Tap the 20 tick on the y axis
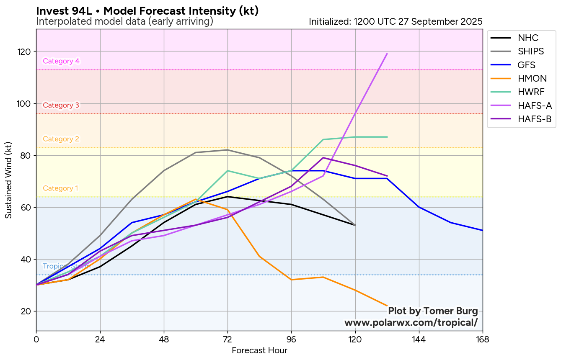pyautogui.click(x=28, y=311)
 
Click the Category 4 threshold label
pyautogui.click(x=61, y=61)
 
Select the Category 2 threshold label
pyautogui.click(x=61, y=139)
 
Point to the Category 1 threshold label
pyautogui.click(x=60, y=188)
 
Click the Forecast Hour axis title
pyautogui.click(x=259, y=350)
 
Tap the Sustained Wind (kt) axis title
pyautogui.click(x=9, y=180)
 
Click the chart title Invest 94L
pyautogui.click(x=147, y=11)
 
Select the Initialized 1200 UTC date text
pyautogui.click(x=396, y=22)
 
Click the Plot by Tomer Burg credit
pyautogui.click(x=433, y=311)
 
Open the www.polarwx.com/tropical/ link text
pyautogui.click(x=411, y=323)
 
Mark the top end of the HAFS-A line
pyautogui.click(x=387, y=54)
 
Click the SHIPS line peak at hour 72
pyautogui.click(x=228, y=150)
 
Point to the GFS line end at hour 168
pyautogui.click(x=482, y=230)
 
